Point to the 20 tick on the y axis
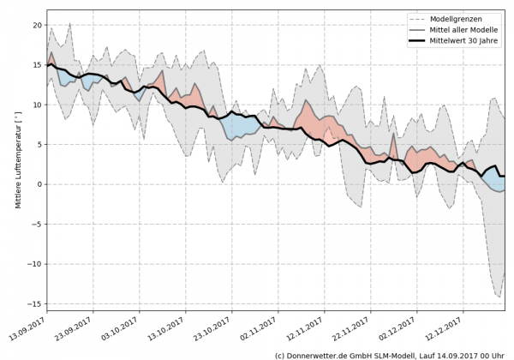point(37,25)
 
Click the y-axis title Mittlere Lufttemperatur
point(17,160)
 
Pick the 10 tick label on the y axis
point(37,105)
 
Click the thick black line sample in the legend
point(420,40)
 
